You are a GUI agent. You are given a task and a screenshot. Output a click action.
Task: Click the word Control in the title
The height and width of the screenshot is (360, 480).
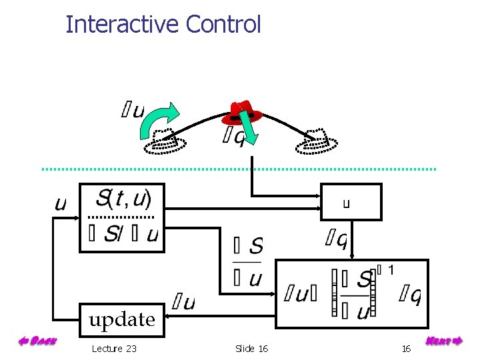click(223, 25)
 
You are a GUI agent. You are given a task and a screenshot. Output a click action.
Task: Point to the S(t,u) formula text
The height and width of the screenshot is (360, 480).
click(124, 198)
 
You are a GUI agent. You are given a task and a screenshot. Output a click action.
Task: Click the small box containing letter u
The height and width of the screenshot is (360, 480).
click(351, 203)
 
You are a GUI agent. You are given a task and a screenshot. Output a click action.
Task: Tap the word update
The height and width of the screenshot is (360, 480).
click(122, 319)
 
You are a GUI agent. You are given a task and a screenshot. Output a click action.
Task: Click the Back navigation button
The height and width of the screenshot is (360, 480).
click(36, 341)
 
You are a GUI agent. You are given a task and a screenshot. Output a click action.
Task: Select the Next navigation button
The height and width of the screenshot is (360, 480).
click(443, 341)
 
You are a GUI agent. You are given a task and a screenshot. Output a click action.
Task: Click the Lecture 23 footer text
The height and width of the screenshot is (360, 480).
click(114, 348)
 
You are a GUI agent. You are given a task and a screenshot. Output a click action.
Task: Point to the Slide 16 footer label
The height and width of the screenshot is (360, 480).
click(251, 348)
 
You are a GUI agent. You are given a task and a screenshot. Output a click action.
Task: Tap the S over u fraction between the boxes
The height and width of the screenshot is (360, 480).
click(248, 261)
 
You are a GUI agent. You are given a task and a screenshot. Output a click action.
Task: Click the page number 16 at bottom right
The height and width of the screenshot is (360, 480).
click(406, 348)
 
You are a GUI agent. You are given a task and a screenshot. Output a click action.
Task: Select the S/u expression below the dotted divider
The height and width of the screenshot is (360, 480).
click(123, 235)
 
